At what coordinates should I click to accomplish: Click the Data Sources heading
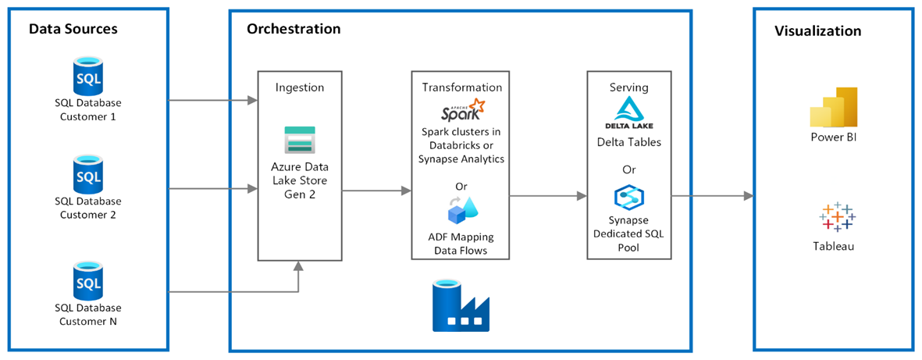[x=74, y=28]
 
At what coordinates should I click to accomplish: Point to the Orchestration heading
[x=294, y=28]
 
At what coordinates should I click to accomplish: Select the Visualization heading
[x=818, y=31]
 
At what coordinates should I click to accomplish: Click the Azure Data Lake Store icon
[x=299, y=140]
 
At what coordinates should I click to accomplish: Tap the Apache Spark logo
[x=461, y=109]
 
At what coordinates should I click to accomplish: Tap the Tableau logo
[x=837, y=216]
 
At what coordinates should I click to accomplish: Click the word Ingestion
[x=300, y=87]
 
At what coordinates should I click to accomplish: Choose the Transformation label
[x=462, y=87]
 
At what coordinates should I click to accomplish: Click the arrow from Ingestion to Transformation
[x=376, y=191]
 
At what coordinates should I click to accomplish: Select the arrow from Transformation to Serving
[x=548, y=195]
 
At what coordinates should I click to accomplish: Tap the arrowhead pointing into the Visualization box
[x=749, y=195]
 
